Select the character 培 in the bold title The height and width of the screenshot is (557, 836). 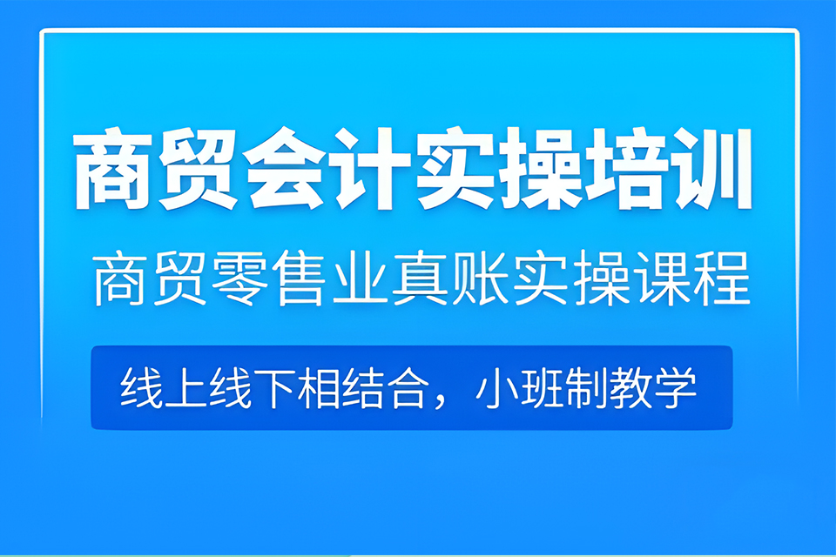[625, 170]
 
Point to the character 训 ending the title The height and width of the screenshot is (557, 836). [711, 170]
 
